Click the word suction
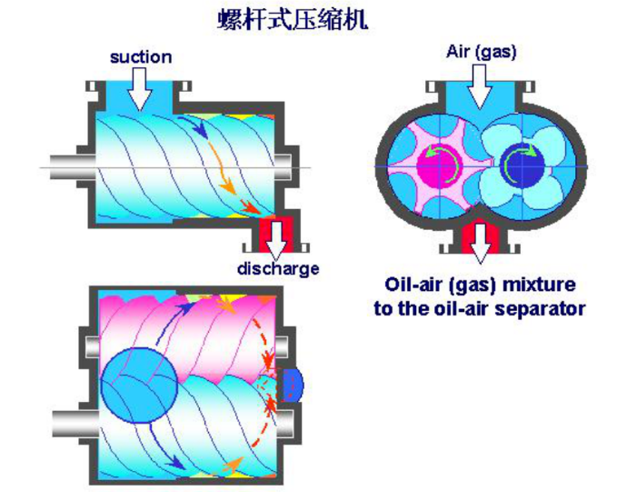(141, 57)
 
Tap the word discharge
(278, 269)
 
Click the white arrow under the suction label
(140, 90)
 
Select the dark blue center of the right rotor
(522, 165)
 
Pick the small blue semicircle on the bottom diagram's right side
(292, 386)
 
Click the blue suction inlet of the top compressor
(140, 95)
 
